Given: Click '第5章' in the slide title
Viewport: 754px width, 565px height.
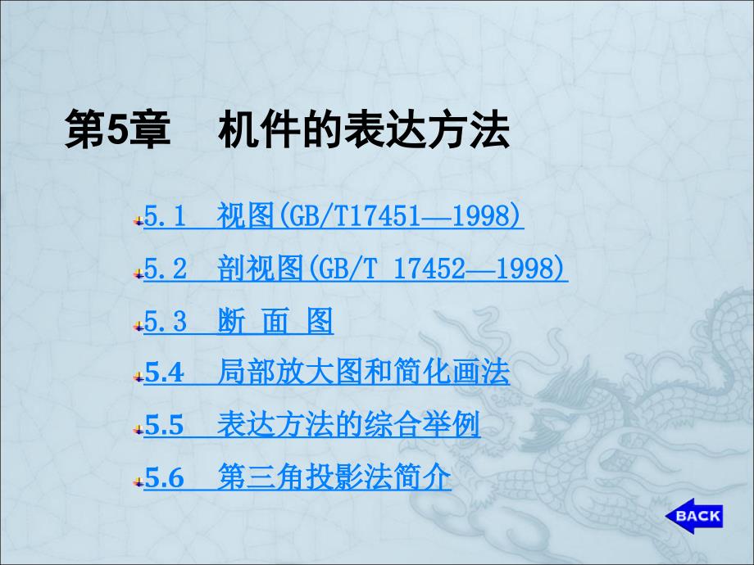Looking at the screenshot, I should tap(116, 131).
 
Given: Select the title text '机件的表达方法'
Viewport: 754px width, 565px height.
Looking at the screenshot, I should tap(364, 131).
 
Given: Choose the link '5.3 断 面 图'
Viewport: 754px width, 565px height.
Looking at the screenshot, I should tap(238, 323).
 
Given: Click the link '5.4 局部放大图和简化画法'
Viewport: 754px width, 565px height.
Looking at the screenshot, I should tap(327, 374).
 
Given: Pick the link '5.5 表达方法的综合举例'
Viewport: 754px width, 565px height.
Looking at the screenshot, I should tap(311, 426).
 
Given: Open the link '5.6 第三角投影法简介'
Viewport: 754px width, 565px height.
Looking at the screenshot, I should tap(298, 478).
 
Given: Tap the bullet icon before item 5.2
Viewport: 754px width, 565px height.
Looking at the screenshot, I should tap(139, 273).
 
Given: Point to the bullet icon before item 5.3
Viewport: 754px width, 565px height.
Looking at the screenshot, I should tap(139, 326).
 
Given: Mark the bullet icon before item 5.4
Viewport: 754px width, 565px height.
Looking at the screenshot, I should tap(139, 377).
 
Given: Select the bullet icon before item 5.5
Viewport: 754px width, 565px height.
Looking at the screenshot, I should tap(139, 429).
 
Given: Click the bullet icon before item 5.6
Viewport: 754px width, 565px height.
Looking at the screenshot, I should tap(139, 481).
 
